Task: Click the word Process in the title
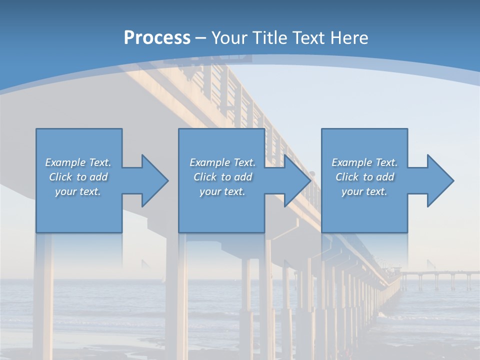point(157,38)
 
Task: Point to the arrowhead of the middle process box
point(297,180)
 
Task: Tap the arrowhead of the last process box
point(440,180)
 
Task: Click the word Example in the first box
point(65,162)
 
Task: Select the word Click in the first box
point(60,177)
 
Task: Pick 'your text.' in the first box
point(78,191)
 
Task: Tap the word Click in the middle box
point(205,177)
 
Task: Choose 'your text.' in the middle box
point(222,191)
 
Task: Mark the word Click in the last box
point(347,177)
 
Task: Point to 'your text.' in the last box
point(364,191)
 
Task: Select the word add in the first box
point(98,177)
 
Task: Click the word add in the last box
point(385,177)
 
